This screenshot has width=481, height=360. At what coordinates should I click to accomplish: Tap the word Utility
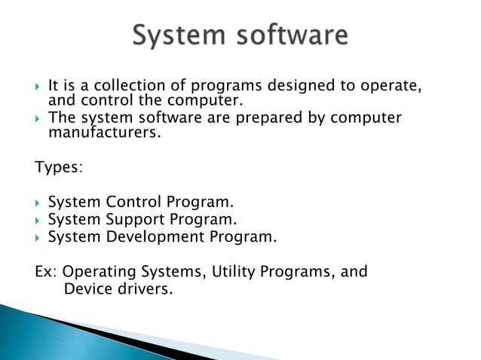click(x=236, y=271)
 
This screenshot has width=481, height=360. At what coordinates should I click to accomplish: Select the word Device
click(x=87, y=288)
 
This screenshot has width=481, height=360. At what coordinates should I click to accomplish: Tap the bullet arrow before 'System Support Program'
click(x=38, y=221)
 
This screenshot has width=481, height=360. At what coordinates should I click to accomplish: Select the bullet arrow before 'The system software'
click(x=38, y=119)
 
